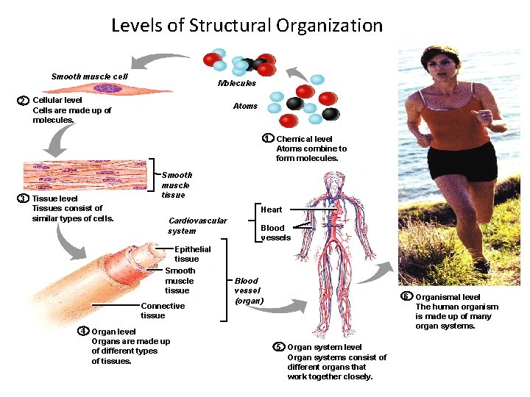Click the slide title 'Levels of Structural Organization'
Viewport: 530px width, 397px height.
[247, 26]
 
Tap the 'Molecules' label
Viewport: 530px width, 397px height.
[237, 83]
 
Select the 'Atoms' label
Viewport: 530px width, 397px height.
[245, 106]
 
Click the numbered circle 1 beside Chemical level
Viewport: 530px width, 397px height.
[269, 138]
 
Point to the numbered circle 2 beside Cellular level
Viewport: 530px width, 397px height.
[24, 101]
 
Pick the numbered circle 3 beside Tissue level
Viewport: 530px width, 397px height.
[24, 198]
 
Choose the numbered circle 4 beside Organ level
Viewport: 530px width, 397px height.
[83, 330]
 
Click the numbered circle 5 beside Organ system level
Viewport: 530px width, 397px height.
[279, 346]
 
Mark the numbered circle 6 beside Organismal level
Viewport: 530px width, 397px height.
[406, 296]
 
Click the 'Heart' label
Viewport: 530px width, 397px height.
[271, 210]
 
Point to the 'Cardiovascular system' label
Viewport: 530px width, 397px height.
[197, 226]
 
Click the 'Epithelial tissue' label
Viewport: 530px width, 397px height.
[192, 254]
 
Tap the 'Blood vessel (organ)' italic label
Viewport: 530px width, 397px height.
[247, 290]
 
